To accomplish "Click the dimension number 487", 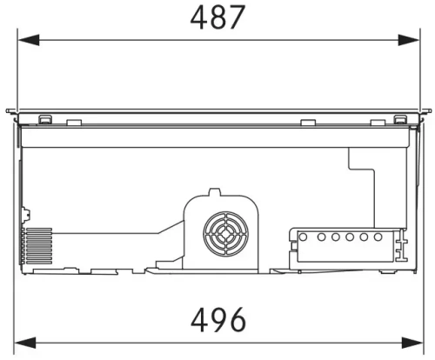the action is coord(217,17).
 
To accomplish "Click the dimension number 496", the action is coord(218,320).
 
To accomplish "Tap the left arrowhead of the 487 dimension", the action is coord(29,40).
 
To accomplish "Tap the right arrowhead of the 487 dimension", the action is coord(409,40).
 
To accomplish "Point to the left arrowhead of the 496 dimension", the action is coord(25,343).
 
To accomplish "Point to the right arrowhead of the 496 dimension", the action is coord(412,343).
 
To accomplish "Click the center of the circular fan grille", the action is coord(225,234).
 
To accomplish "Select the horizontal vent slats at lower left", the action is coord(38,246).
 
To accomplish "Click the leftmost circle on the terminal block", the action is coord(303,237).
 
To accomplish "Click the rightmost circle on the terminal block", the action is coord(378,237).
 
